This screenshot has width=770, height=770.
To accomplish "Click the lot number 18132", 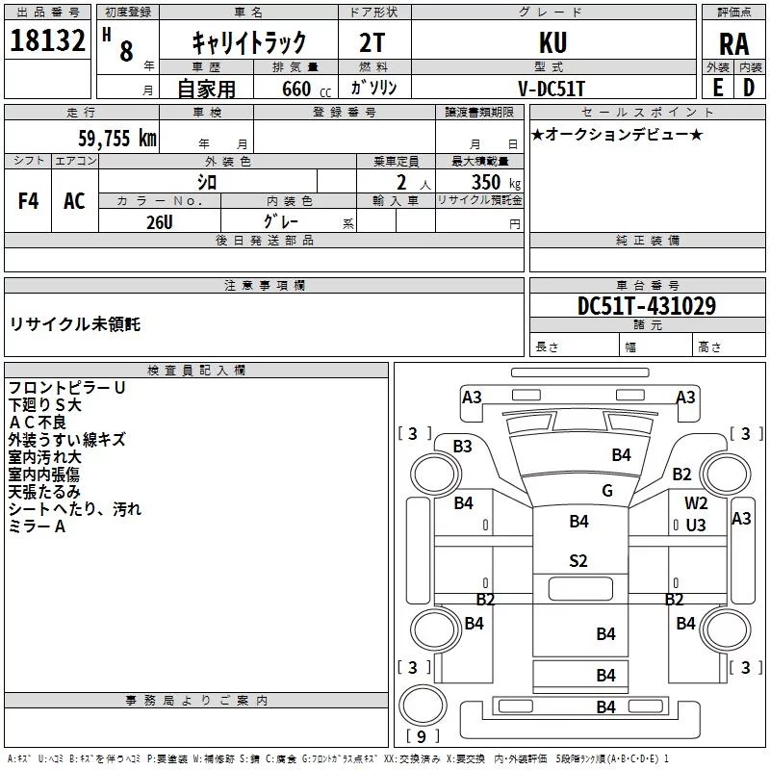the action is pos(47,40).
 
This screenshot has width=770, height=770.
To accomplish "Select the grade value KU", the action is pos(552,42).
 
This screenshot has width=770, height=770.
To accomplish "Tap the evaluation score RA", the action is pos(734,44).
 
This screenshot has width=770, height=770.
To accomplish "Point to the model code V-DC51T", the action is pos(552,89).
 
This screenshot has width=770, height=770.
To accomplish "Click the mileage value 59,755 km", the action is pos(117,138).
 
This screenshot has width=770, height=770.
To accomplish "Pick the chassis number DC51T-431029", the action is pos(647,306).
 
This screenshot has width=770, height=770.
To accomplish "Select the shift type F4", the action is pos(28,201).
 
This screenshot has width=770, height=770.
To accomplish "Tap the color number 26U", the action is pos(160,222).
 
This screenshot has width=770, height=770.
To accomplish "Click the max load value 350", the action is pos(486,182).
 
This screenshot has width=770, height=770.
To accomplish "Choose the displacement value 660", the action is pos(296,90).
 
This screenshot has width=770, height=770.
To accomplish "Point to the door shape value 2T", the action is pos(372,42).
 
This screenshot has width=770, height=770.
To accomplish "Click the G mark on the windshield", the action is pos(607,490).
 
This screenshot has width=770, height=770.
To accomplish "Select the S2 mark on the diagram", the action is pos(578,561).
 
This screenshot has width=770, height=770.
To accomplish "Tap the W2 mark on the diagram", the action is pos(696,503).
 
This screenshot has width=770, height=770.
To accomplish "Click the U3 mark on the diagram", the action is pos(696,526).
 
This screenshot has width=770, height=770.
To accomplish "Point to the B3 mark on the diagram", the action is pos(462,447).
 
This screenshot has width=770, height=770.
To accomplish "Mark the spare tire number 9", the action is pos(422,736).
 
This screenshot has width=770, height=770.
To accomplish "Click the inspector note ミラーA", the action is pos(37,526).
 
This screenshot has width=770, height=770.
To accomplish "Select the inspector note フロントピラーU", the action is pos(66,388).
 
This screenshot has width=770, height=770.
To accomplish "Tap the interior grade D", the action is pos(750,88).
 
